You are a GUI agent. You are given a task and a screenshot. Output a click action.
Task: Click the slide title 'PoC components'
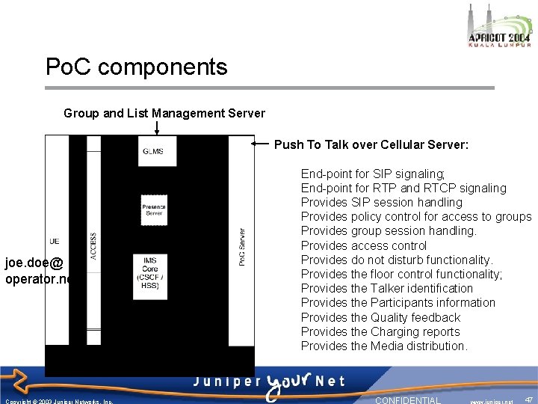click(x=136, y=67)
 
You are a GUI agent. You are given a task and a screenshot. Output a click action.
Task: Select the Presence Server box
click(x=153, y=209)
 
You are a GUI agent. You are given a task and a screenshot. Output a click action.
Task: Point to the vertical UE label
click(x=54, y=242)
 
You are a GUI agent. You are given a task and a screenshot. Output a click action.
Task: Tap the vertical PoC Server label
click(x=241, y=247)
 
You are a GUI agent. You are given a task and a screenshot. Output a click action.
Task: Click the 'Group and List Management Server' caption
click(x=164, y=114)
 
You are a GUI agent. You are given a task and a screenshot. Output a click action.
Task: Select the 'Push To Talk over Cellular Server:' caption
click(x=371, y=144)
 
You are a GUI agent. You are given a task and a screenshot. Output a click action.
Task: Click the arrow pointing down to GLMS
click(x=156, y=129)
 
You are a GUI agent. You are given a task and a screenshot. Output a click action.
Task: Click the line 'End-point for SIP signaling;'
click(x=372, y=174)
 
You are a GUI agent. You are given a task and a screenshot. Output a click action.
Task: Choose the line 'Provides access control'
click(x=364, y=245)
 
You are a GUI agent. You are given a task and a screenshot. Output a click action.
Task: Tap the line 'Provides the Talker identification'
click(x=387, y=288)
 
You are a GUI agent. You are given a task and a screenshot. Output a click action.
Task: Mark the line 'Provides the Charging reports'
click(x=380, y=331)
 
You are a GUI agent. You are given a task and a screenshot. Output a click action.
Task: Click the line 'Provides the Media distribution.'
click(x=384, y=346)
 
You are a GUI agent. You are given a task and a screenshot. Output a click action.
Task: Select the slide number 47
click(x=529, y=400)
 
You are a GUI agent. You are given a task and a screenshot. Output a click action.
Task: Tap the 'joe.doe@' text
click(x=34, y=263)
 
